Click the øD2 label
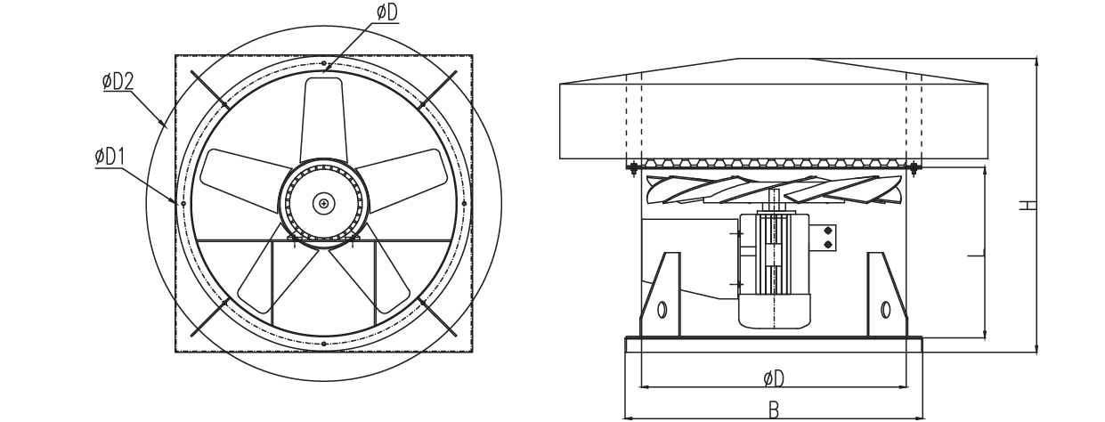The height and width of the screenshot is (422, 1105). coord(118,81)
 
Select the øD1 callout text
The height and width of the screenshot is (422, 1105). coord(110,157)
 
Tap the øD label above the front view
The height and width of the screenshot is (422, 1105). coord(387,12)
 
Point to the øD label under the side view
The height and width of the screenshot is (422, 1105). coord(774,378)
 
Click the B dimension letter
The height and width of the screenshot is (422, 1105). coord(774,410)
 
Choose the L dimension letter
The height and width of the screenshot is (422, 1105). coord(976,256)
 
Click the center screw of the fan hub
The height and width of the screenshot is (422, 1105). coord(323,203)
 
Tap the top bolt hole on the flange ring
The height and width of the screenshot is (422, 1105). coord(323,63)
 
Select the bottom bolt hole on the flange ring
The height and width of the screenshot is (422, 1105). coord(323,344)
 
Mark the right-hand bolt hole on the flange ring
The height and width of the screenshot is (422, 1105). coord(464,203)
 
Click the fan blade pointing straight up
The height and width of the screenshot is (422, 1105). coord(323,118)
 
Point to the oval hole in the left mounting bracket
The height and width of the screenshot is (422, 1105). coord(662,310)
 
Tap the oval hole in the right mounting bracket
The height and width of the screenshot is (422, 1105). coord(885,310)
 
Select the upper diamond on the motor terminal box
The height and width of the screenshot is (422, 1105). coord(828,231)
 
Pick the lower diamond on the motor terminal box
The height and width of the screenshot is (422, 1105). coord(828,245)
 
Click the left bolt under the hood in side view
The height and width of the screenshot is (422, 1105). coord(633,167)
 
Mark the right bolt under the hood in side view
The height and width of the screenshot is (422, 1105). coord(914,167)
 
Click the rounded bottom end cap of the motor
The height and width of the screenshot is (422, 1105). coord(775,312)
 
